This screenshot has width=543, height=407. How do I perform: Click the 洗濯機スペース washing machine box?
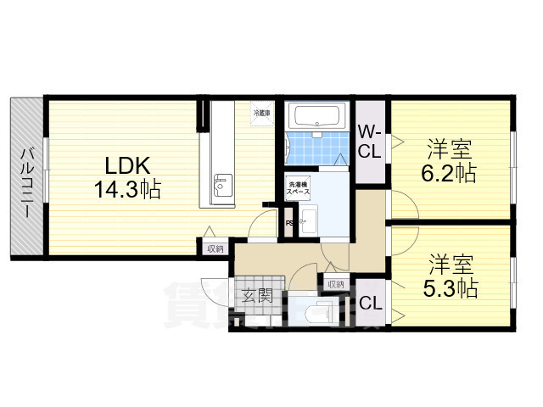coord(299,189)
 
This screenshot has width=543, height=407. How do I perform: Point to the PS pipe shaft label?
coord(289,223)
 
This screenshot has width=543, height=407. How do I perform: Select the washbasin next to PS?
coord(306,223)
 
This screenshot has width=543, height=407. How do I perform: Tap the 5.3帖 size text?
coord(450,287)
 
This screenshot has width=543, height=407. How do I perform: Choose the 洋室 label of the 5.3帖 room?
coord(450,263)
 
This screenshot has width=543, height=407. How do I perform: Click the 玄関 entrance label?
coord(258,296)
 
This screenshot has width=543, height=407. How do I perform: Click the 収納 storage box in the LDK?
coord(214,248)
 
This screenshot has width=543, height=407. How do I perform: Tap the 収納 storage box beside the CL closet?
coord(337,284)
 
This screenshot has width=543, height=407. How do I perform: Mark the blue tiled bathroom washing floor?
coord(311,148)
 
